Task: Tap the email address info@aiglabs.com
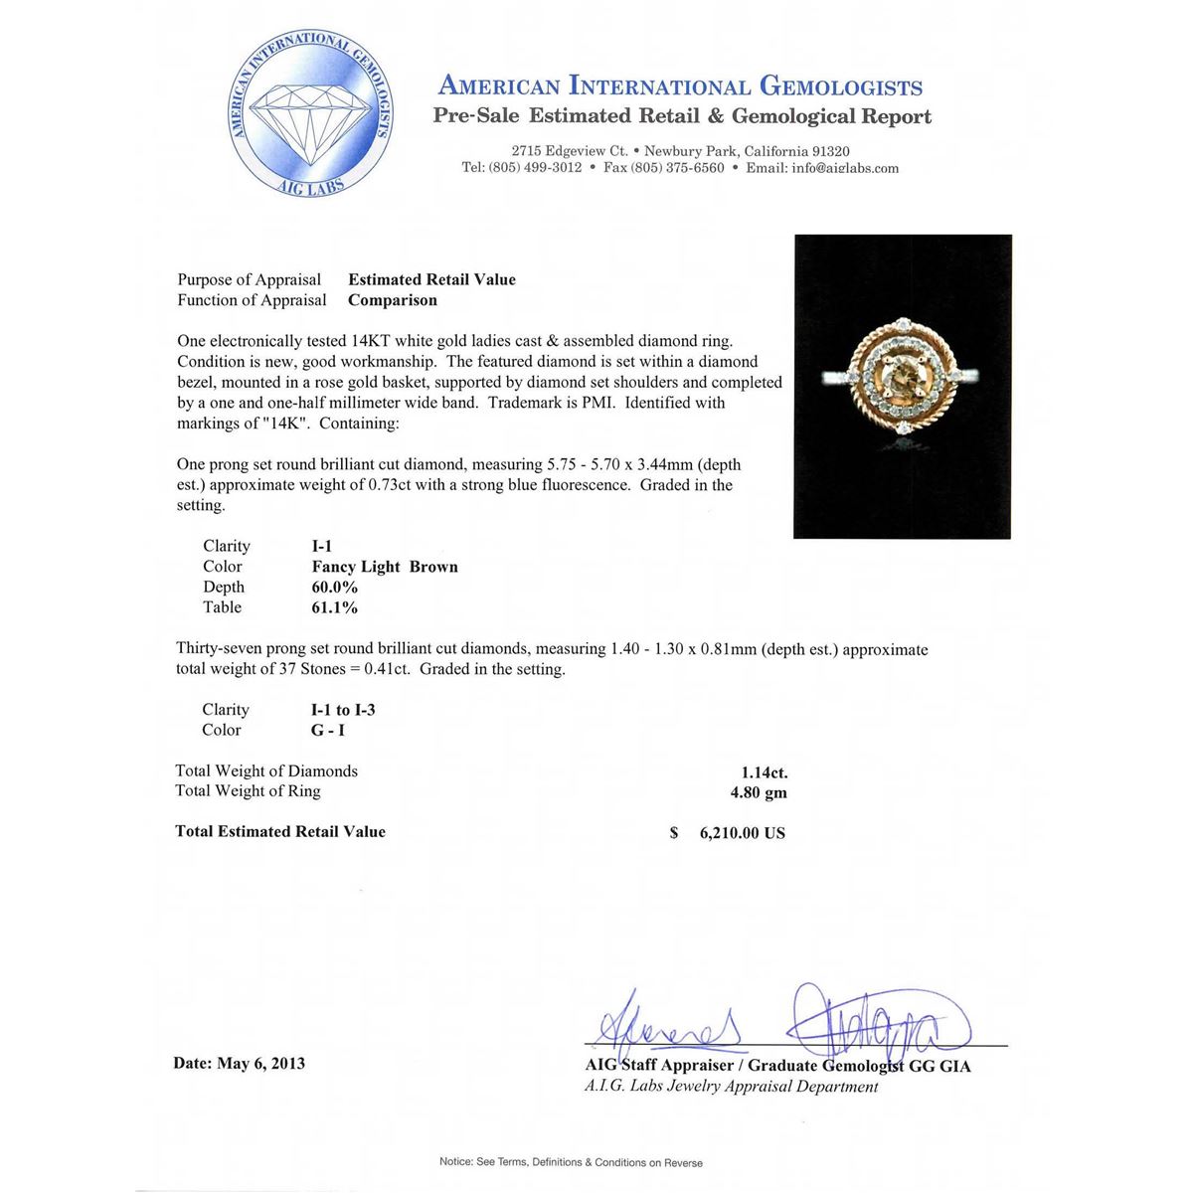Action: tap(845, 168)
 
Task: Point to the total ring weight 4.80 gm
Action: tap(759, 792)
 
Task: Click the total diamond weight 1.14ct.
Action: tap(764, 772)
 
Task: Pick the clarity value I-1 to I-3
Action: tap(343, 710)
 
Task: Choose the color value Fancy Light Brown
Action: tap(385, 567)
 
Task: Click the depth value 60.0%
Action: tap(334, 588)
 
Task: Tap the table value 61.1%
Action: tap(334, 607)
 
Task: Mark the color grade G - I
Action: tap(328, 730)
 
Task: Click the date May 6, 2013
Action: tap(239, 1064)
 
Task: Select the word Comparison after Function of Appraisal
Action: tap(392, 300)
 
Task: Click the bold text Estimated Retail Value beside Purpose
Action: tap(431, 280)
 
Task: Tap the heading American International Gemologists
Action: tap(680, 87)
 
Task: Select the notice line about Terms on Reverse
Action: tap(571, 1162)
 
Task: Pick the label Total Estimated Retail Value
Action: tap(280, 832)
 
